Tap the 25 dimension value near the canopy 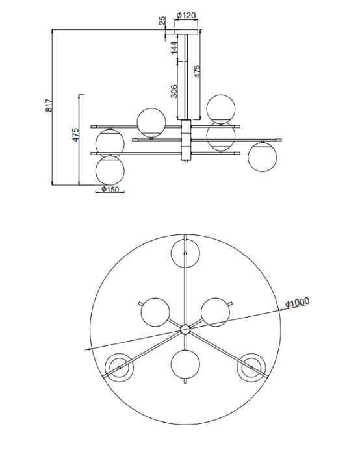point(162,21)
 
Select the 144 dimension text point(174,49)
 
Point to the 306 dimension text point(174,91)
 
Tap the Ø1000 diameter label point(296,302)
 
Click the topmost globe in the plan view point(185,253)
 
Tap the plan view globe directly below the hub point(185,364)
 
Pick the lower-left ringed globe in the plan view point(120,368)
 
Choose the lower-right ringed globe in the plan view point(251,368)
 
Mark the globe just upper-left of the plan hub point(156,312)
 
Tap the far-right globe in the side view point(263,156)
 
